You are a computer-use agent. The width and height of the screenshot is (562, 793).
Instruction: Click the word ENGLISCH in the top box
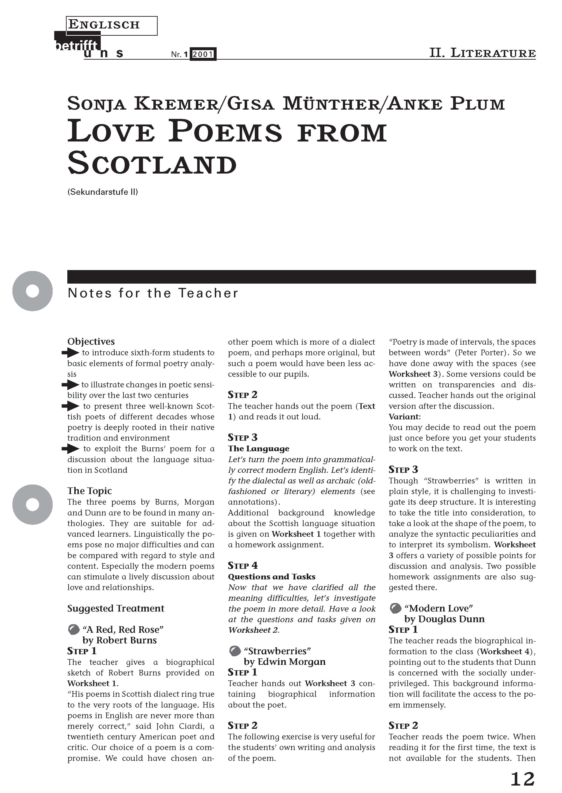[x=104, y=25]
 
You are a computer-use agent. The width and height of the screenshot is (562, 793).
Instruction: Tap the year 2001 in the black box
[x=203, y=54]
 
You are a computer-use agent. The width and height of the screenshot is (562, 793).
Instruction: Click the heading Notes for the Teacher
[x=153, y=293]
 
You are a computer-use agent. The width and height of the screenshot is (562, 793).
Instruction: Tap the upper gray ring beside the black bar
[x=33, y=291]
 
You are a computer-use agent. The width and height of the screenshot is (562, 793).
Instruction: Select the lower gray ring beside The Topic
[x=33, y=504]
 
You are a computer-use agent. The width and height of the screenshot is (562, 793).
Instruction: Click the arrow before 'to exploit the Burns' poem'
[x=71, y=449]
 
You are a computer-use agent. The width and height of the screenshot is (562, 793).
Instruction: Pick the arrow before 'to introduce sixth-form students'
[x=71, y=353]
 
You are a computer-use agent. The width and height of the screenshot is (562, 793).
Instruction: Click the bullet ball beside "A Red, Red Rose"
[x=73, y=630]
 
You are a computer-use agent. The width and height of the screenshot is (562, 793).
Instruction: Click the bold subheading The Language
[x=258, y=449]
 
